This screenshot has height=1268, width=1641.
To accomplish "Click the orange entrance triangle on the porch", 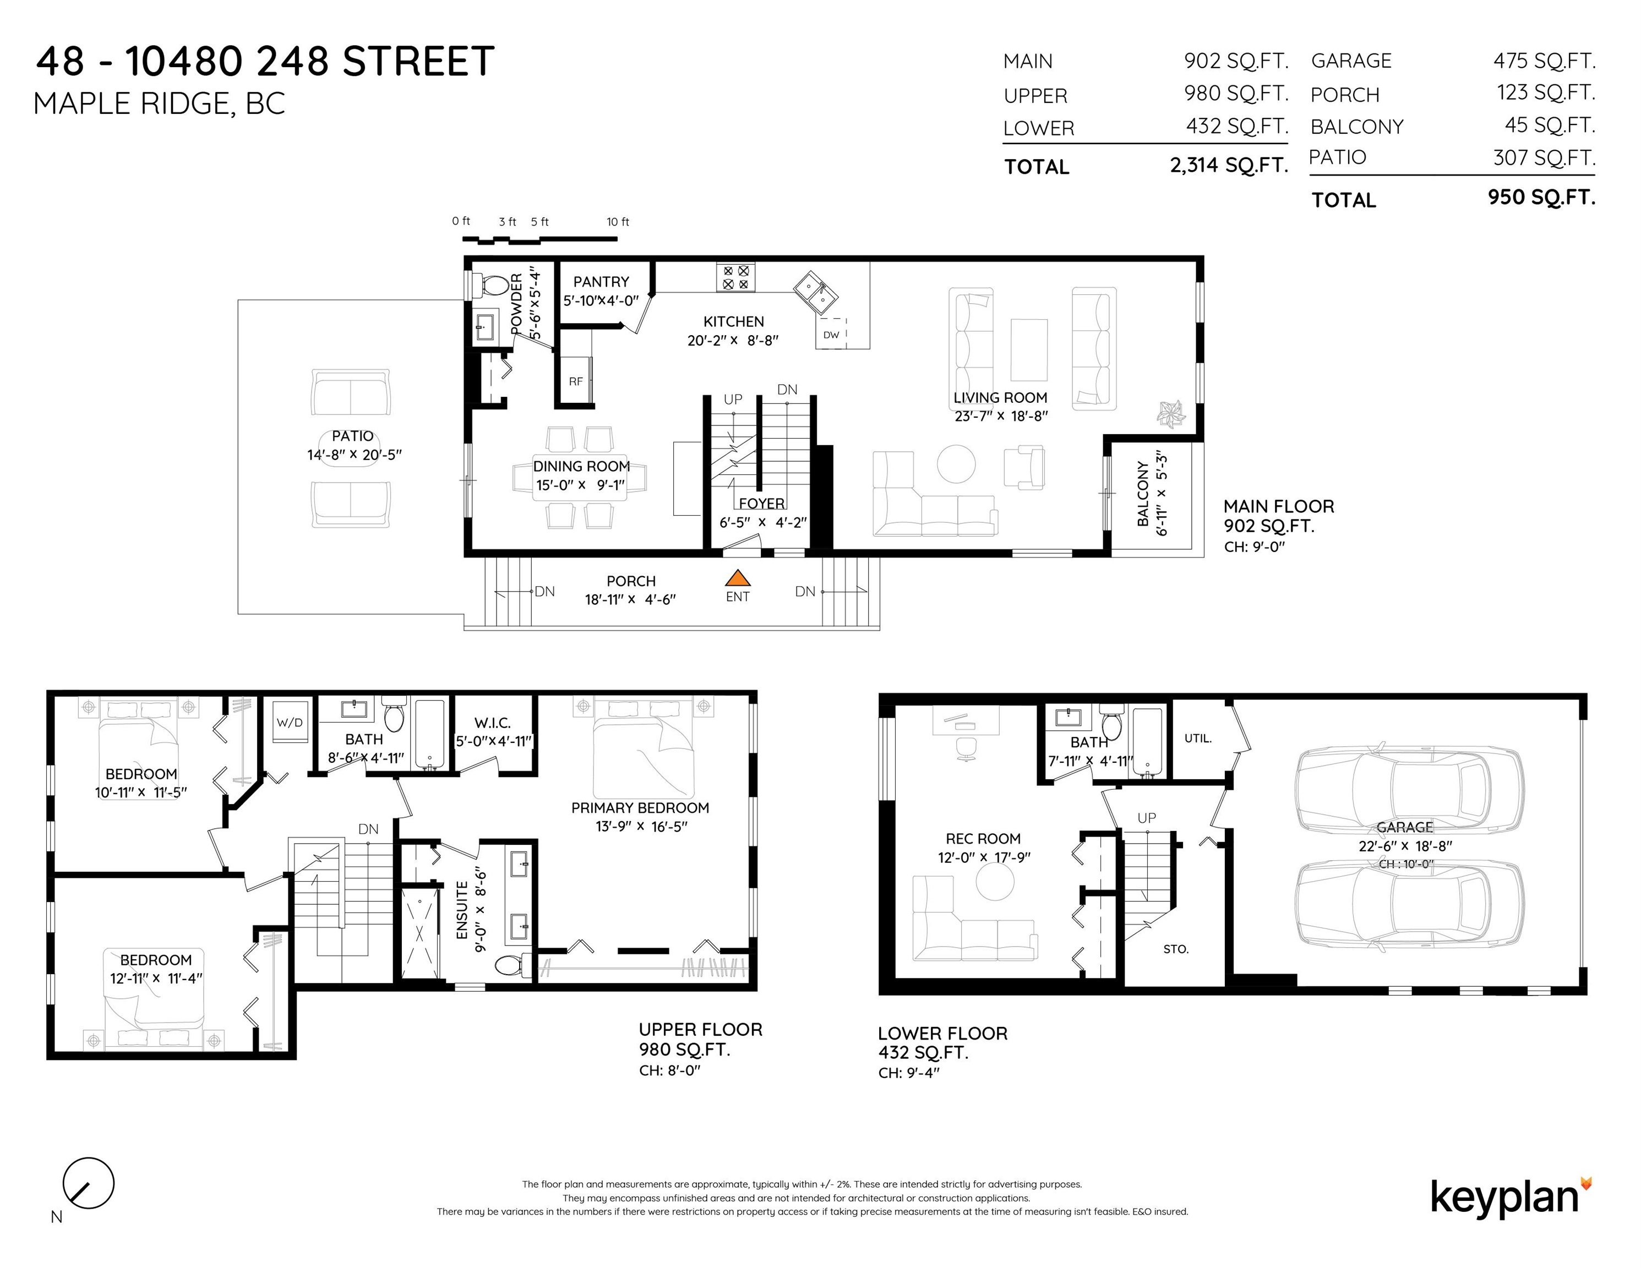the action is [738, 578].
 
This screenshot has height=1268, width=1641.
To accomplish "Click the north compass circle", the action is [89, 1183].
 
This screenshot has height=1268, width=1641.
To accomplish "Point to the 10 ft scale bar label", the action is [618, 222].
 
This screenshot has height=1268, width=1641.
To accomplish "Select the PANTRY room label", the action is [601, 282].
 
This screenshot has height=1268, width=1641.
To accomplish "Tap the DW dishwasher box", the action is [831, 334].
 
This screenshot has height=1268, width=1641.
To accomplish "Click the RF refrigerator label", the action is [576, 381].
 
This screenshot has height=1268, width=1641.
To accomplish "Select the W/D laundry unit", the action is [289, 722].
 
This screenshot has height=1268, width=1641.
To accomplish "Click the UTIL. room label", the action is [1198, 739].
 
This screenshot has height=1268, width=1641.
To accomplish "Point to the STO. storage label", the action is [1176, 949].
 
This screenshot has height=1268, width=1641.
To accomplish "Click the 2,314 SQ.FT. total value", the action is [1229, 165].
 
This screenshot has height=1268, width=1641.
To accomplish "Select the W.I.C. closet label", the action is [493, 723].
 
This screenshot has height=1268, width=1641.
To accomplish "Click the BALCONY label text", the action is [1143, 494].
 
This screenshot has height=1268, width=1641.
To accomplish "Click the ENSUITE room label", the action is [462, 910].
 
